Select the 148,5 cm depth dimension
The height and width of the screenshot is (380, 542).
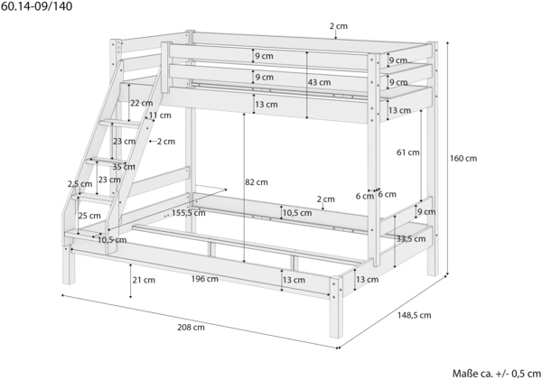[414, 315]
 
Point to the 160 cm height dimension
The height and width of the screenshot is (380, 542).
[463, 158]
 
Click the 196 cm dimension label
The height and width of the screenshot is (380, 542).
[204, 279]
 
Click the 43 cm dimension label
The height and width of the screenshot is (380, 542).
[318, 82]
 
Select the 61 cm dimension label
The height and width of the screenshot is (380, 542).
[407, 153]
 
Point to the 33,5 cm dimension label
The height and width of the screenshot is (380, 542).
[411, 238]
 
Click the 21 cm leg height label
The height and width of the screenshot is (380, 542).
[144, 280]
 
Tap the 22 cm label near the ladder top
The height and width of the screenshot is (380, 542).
[141, 102]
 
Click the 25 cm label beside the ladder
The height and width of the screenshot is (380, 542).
[89, 216]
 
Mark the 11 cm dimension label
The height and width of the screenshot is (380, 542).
[160, 116]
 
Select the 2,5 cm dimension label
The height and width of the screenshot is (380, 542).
[79, 184]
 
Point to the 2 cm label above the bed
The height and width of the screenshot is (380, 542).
[339, 26]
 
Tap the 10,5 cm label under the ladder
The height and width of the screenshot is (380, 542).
[111, 239]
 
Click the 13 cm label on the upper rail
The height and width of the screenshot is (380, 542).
[266, 105]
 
